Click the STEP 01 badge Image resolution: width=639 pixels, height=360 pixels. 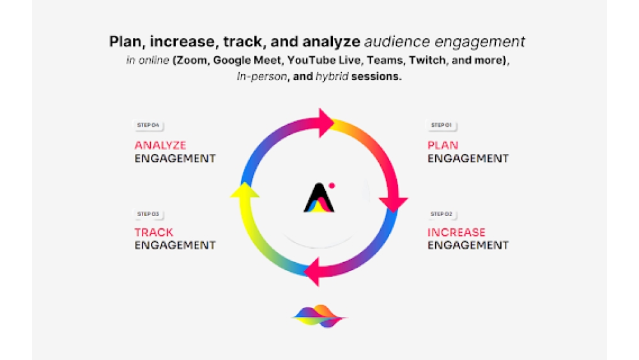click(442, 125)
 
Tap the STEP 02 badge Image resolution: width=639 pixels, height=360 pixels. click(442, 214)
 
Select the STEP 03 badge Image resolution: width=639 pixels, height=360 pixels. click(148, 214)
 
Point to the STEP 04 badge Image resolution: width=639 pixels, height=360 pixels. click(148, 125)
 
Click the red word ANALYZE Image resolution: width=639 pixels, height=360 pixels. click(160, 145)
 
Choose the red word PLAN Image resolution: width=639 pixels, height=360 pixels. click(443, 145)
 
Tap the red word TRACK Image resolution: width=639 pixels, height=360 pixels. click(153, 232)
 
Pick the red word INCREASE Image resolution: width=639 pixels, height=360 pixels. click(456, 232)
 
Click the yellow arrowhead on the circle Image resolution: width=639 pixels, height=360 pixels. click(245, 191)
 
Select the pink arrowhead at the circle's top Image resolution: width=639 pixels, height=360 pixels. click(326, 123)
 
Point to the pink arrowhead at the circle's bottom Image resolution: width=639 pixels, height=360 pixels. click(312, 272)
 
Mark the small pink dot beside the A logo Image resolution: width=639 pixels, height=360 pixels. click(332, 186)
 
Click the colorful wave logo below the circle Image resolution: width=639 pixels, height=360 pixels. click(319, 316)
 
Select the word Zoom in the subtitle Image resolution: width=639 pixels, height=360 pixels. click(191, 60)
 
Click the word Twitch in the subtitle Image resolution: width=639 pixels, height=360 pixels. click(427, 60)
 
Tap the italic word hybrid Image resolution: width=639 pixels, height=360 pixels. click(332, 77)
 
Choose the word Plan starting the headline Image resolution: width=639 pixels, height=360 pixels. click(125, 42)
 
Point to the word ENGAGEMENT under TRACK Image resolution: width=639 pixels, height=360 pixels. click(175, 245)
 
